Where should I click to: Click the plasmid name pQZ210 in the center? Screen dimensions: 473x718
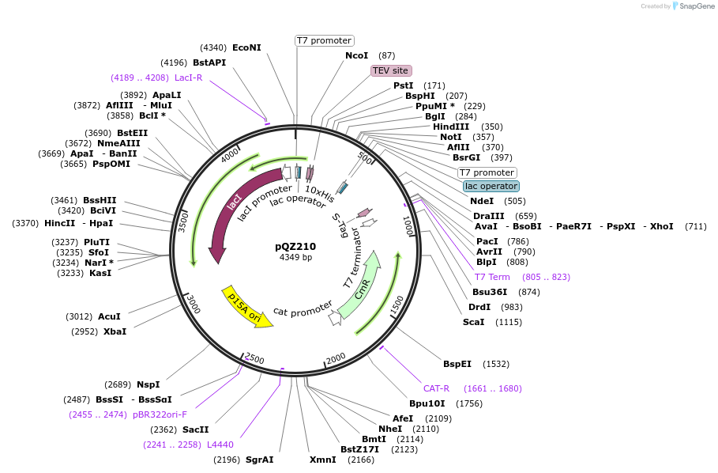[295, 246]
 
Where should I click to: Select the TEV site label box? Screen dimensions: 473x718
[391, 70]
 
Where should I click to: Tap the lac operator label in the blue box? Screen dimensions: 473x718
[491, 186]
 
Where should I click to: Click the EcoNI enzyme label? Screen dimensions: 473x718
[246, 47]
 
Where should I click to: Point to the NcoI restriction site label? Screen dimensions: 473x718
[356, 55]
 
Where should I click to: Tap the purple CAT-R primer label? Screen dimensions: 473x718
[436, 388]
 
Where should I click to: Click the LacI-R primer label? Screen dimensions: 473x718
[189, 78]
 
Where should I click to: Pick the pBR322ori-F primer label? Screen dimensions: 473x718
[160, 414]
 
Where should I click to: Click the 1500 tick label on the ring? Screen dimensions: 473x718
[396, 305]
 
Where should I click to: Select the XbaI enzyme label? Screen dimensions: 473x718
[115, 331]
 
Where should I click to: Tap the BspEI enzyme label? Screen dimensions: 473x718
[457, 364]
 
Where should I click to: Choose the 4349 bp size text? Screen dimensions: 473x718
[295, 258]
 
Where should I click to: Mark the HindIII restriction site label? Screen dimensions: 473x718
[451, 127]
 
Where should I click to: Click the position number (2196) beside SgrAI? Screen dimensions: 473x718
[227, 460]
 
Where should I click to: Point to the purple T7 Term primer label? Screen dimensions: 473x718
[492, 277]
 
